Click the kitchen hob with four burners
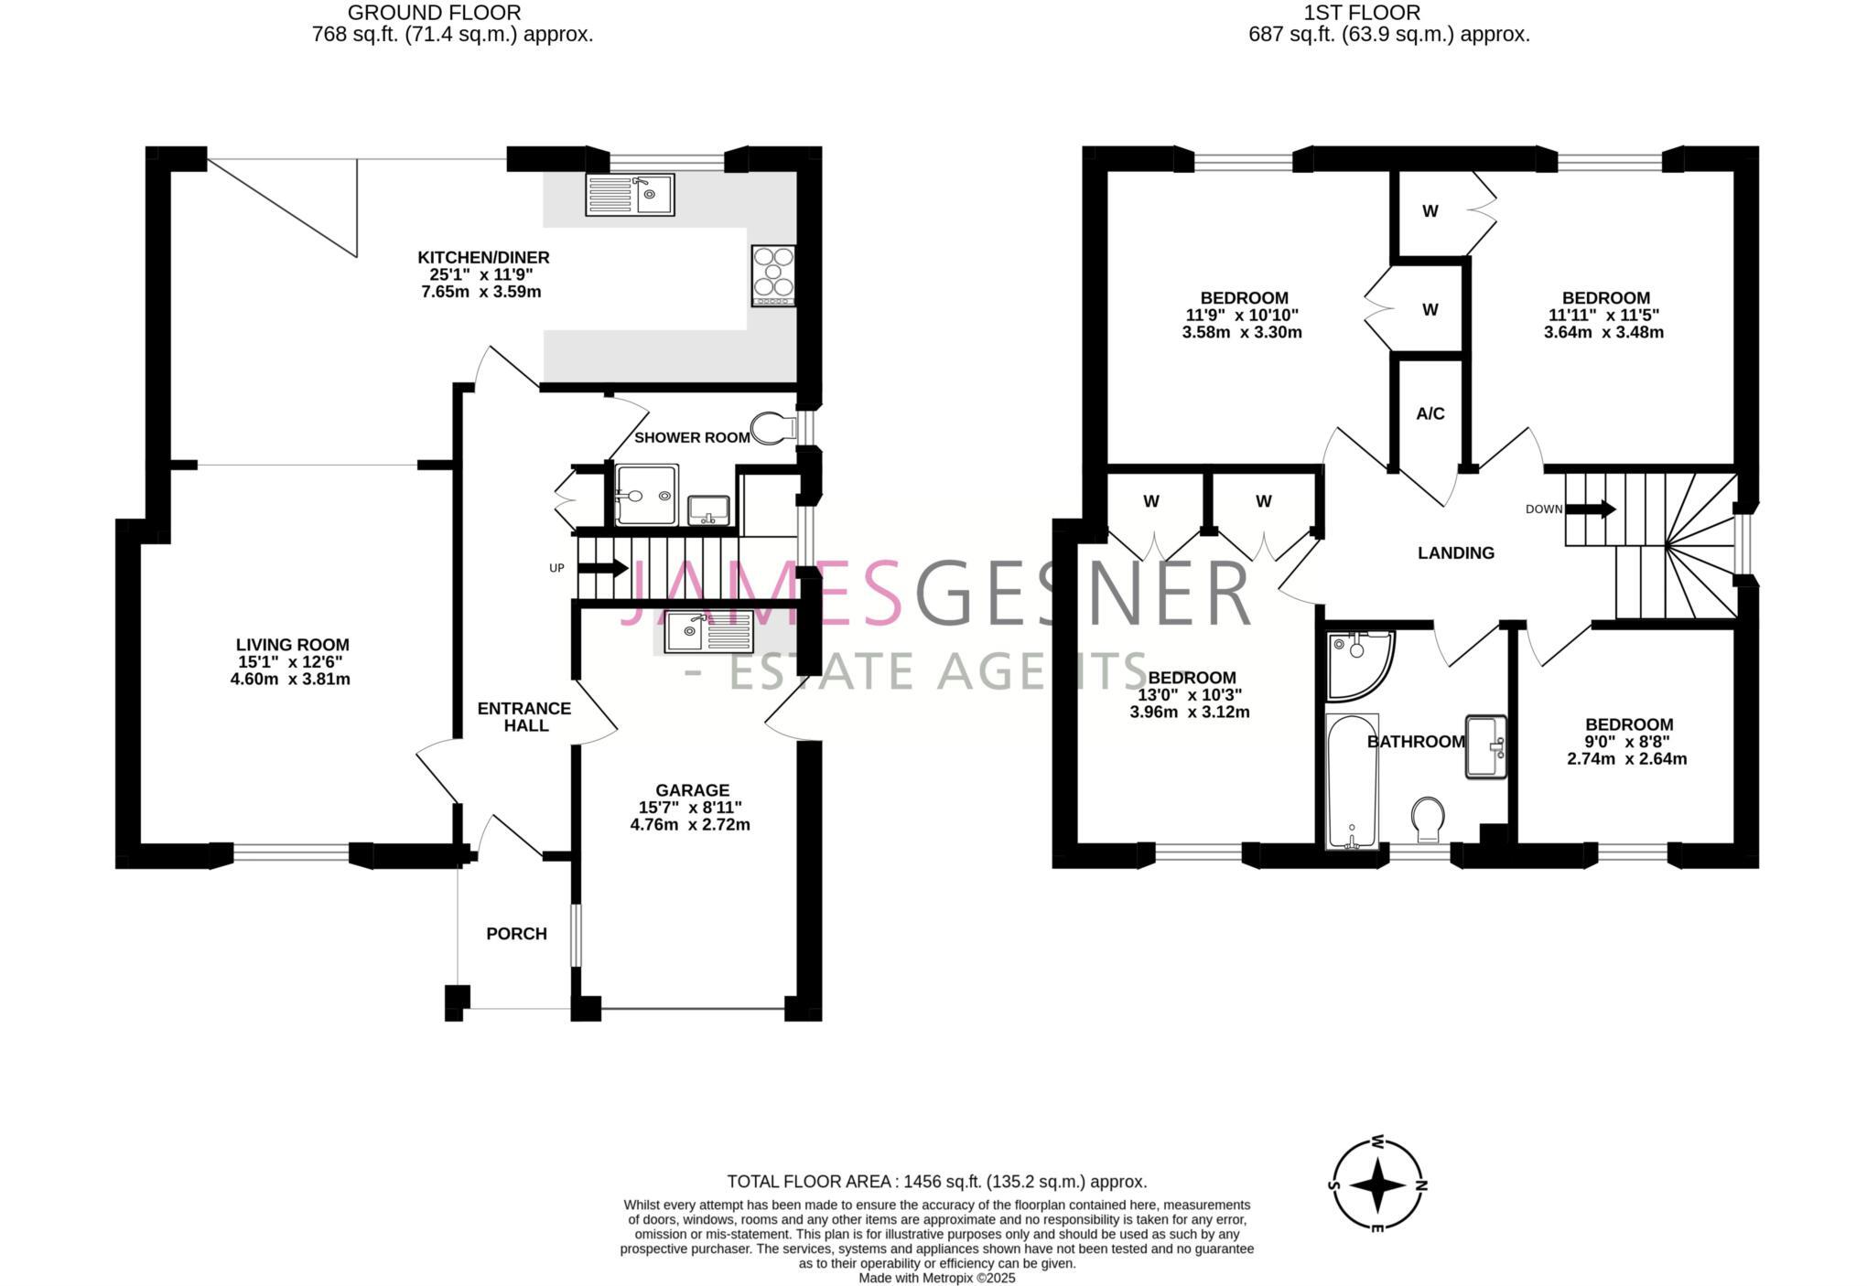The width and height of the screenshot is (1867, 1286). click(x=773, y=275)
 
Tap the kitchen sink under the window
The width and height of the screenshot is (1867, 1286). click(x=630, y=195)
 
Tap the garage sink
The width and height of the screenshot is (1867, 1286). click(x=708, y=632)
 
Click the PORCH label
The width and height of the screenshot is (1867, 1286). click(x=516, y=934)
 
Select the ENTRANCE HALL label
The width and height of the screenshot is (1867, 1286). click(x=524, y=717)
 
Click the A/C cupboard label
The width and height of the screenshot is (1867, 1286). click(x=1430, y=414)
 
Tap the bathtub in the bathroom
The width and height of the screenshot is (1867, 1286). click(x=1352, y=782)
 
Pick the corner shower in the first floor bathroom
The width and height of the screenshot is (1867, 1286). click(x=1357, y=663)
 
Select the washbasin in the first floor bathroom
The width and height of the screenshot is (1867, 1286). click(x=1486, y=746)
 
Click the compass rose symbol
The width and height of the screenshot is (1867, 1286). click(x=1377, y=1184)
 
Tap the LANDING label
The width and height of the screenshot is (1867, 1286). click(x=1455, y=553)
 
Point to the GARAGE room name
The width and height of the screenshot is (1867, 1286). click(x=692, y=790)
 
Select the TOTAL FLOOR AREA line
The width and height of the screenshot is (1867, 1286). click(x=936, y=1182)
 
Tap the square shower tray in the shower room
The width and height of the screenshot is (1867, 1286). click(x=647, y=495)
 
